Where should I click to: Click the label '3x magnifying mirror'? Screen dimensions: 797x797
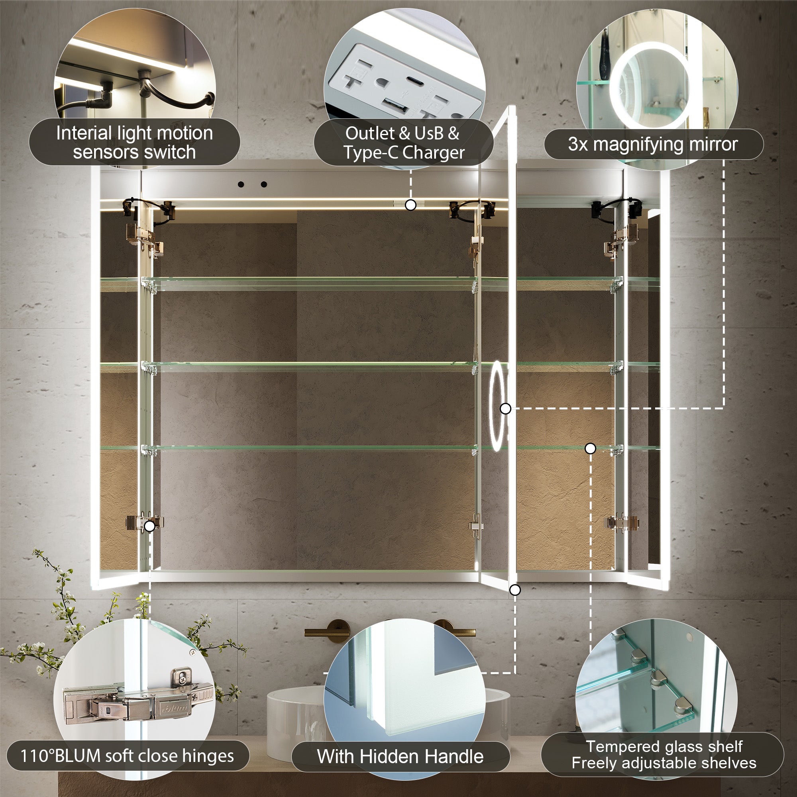tap(653, 144)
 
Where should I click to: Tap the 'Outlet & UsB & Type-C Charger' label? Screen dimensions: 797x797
tap(403, 143)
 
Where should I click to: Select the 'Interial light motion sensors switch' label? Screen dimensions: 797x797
tap(134, 142)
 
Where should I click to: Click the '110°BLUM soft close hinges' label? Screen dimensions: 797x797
tap(127, 756)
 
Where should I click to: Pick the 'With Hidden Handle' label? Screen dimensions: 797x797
tap(400, 756)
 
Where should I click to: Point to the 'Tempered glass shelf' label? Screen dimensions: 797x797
tap(664, 746)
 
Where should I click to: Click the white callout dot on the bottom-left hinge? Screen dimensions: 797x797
tap(150, 526)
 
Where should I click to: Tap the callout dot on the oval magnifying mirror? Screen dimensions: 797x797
tap(505, 408)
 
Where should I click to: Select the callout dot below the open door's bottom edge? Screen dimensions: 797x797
tap(515, 590)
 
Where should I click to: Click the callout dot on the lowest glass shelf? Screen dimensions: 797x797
tap(590, 448)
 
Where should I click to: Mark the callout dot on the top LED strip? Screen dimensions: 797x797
tap(410, 204)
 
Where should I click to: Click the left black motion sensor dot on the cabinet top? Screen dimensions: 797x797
tap(241, 185)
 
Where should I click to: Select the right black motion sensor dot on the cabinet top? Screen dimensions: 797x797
tap(264, 185)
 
